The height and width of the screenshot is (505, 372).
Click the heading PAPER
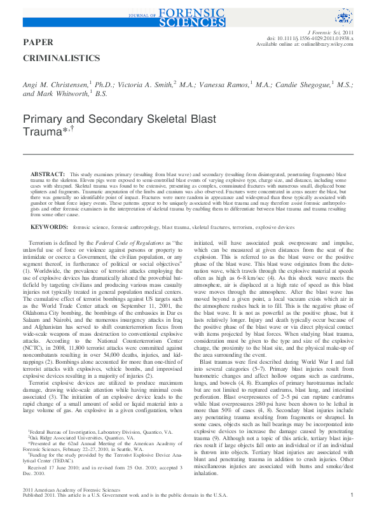[38, 42]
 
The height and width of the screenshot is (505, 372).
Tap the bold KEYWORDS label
[50, 226]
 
